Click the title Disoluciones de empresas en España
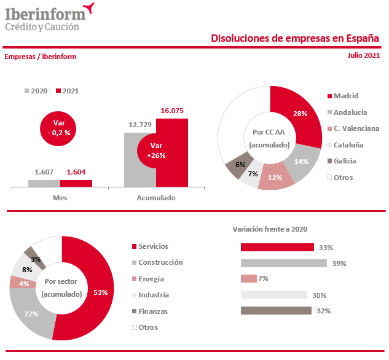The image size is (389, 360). click(295, 38)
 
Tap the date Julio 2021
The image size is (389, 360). click(363, 55)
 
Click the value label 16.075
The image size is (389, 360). click(172, 111)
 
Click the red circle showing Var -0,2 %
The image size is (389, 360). click(59, 128)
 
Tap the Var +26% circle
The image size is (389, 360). click(156, 151)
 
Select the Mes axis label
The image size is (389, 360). click(60, 198)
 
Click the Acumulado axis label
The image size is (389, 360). click(155, 198)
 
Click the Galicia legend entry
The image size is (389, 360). click(344, 161)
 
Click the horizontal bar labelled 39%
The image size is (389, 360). click(283, 263)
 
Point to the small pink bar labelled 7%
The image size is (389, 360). click(248, 279)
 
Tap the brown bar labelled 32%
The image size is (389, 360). click(276, 311)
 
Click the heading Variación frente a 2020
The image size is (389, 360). click(270, 229)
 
